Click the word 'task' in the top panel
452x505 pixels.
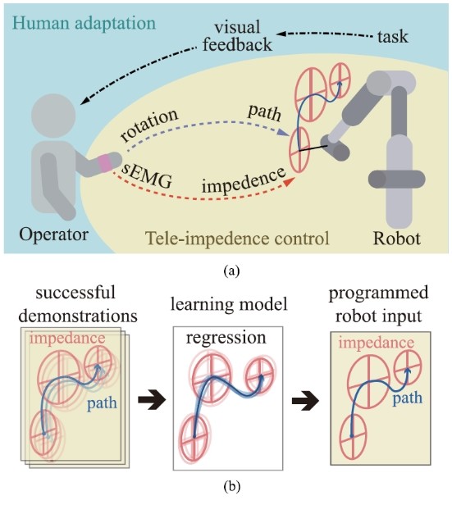pos(392,37)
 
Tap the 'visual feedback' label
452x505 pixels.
pos(237,36)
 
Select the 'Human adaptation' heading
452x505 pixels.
pos(84,24)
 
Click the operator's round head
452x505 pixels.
pos(53,115)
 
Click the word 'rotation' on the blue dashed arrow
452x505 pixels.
pos(148,125)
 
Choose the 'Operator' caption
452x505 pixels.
pos(53,234)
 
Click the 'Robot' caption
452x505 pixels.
pos(396,239)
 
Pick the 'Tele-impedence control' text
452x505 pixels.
pos(237,239)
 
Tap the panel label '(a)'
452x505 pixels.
pos(231,271)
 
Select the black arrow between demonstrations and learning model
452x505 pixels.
pos(152,400)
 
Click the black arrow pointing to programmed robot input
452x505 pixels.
pos(305,402)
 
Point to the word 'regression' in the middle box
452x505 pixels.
pos(226,338)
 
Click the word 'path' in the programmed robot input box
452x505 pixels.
pos(407,398)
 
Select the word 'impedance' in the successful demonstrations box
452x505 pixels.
pos(67,339)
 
